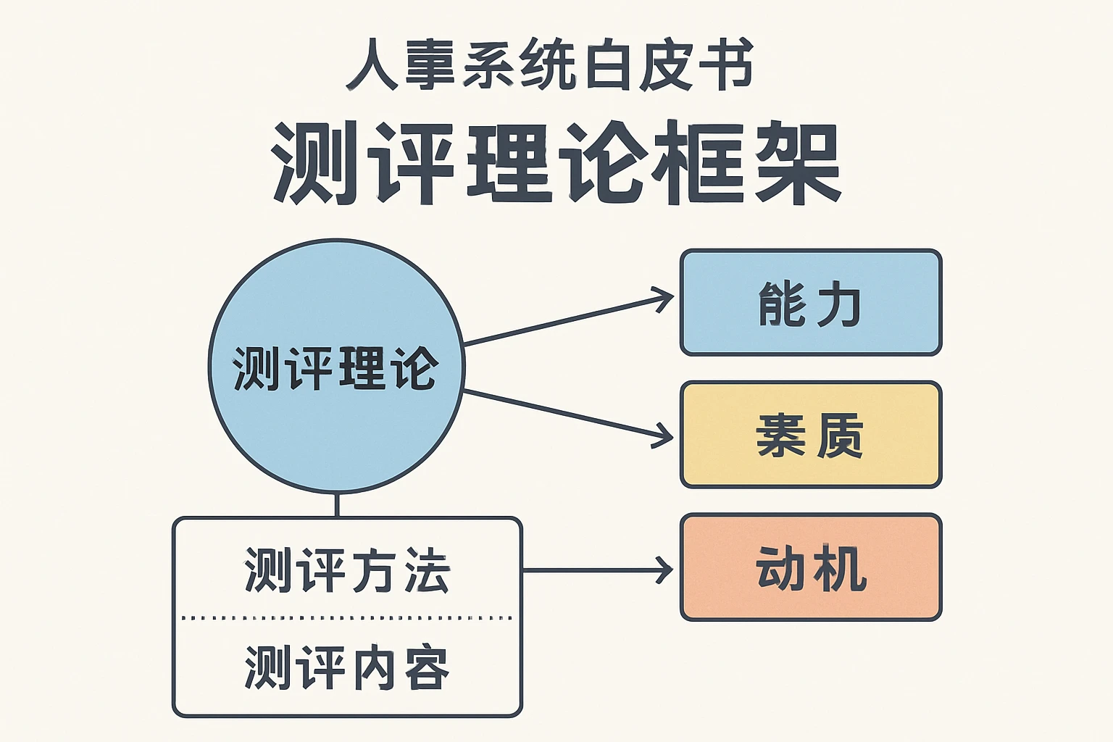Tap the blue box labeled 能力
point(811,302)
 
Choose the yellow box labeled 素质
point(811,435)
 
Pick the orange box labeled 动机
point(811,567)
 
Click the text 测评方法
point(346,571)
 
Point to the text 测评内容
point(346,667)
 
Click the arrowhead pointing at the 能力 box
point(664,299)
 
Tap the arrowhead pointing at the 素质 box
point(664,435)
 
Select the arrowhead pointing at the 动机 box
point(664,570)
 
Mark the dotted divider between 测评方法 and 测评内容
point(346,618)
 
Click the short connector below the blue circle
point(337,505)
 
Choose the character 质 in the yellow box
point(841,435)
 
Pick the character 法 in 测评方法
point(427,571)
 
